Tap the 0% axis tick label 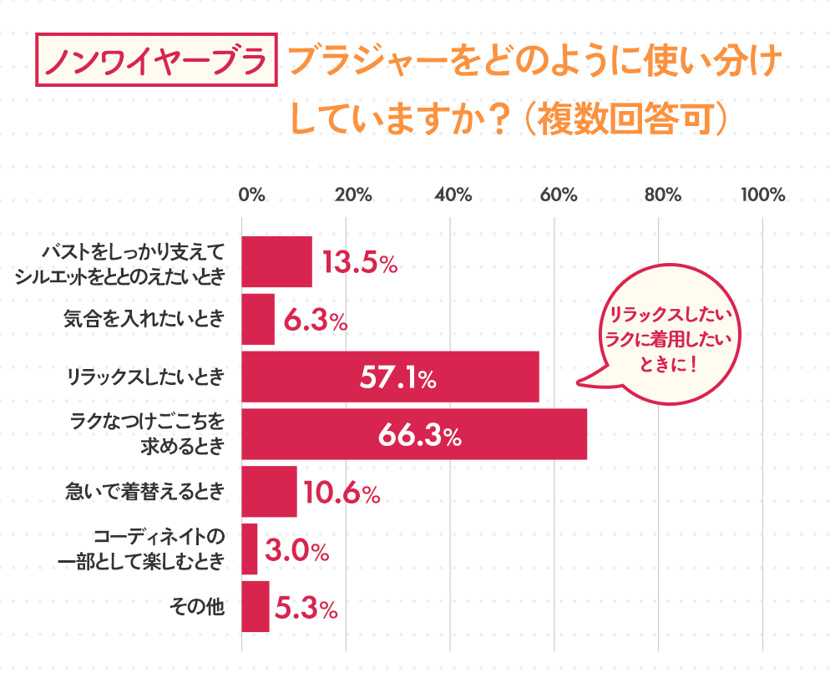tap(251, 195)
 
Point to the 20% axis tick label tap(353, 195)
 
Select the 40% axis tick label tap(453, 195)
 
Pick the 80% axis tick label tap(662, 195)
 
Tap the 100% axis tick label tap(763, 195)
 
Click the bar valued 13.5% tap(276, 262)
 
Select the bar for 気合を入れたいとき tap(258, 320)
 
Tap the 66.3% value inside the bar tap(419, 435)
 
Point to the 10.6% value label tap(342, 493)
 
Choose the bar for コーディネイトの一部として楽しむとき tap(250, 550)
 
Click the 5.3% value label tap(306, 609)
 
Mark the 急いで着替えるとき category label tap(145, 493)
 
